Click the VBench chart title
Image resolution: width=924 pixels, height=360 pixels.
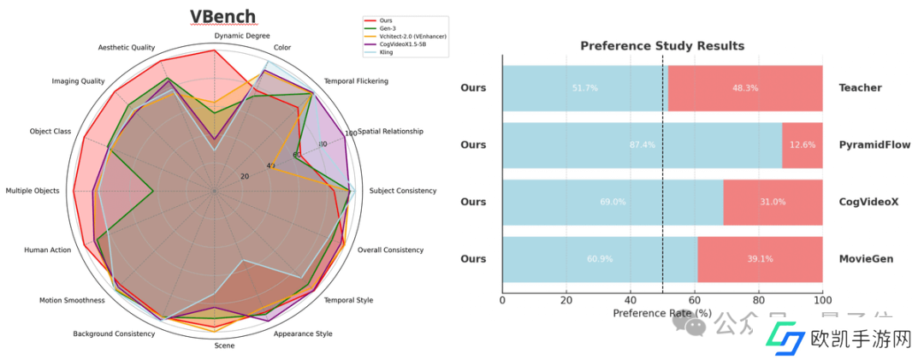click(x=222, y=17)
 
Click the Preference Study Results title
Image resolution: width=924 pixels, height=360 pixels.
click(x=662, y=45)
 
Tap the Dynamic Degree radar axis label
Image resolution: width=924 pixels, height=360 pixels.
click(x=242, y=36)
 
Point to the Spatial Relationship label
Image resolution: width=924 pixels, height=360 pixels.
click(x=390, y=132)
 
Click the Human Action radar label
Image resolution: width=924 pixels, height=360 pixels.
click(x=48, y=251)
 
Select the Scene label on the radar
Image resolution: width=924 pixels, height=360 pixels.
click(x=224, y=345)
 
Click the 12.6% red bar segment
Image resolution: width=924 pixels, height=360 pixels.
click(x=803, y=145)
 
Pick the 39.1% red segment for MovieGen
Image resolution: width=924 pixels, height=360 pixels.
click(x=760, y=259)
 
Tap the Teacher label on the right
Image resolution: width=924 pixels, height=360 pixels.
click(x=860, y=88)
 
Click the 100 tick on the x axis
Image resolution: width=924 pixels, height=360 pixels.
click(x=822, y=300)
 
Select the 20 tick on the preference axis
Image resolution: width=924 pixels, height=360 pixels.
click(x=566, y=300)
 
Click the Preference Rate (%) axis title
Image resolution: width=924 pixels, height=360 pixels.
click(x=662, y=313)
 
